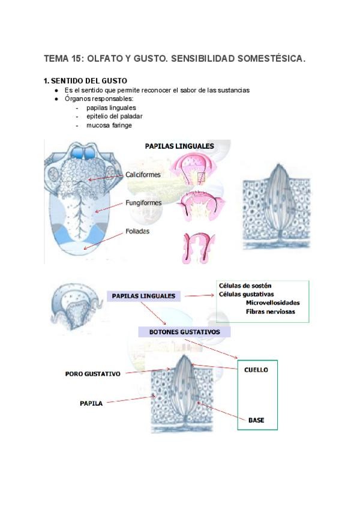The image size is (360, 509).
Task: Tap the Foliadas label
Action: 137,230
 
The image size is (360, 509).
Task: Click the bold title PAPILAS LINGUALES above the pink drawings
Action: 179,145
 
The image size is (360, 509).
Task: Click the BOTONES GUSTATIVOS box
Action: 184,331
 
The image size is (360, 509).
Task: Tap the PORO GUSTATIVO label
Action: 92,374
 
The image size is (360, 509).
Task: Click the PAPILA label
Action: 91,403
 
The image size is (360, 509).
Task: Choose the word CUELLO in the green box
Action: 256,370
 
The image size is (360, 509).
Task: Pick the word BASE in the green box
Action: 256,420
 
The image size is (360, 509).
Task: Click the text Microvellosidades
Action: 273,303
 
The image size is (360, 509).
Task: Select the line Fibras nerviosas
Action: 270,312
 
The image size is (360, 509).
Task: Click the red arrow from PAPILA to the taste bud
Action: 130,399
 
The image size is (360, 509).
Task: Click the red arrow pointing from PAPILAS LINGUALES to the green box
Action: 199,296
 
